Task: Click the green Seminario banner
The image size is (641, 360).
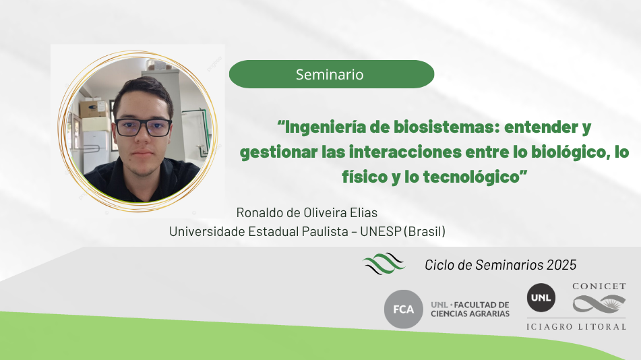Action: (x=332, y=74)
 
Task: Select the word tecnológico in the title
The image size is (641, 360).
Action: (x=471, y=177)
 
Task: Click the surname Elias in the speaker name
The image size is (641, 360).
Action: (x=364, y=213)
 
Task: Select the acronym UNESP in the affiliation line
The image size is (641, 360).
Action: (x=381, y=231)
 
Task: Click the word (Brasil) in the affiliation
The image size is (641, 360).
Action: (x=425, y=231)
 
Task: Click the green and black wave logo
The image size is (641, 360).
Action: (x=384, y=263)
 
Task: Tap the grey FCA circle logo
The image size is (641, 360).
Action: (x=404, y=309)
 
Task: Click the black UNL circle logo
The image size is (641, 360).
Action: (x=541, y=298)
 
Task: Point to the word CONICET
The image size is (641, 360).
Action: (x=599, y=287)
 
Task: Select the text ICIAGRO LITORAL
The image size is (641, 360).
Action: (x=576, y=326)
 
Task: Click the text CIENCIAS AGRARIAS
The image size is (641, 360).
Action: (x=470, y=313)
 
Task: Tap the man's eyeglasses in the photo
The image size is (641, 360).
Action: (x=143, y=127)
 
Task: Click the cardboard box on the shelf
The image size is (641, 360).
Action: (x=94, y=109)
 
